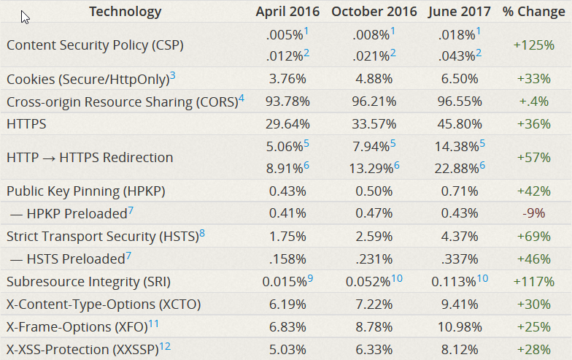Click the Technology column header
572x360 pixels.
click(125, 12)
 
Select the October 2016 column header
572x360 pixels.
click(374, 12)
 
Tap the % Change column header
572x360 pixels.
click(533, 12)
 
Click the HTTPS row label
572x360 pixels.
click(26, 124)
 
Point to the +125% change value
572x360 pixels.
click(533, 45)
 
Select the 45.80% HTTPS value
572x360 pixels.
click(458, 124)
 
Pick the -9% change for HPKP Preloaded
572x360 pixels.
click(533, 214)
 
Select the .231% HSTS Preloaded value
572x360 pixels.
click(374, 259)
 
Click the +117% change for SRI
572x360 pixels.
click(533, 282)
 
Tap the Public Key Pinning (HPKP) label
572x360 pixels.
click(86, 191)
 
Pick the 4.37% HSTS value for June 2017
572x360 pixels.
click(458, 237)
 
